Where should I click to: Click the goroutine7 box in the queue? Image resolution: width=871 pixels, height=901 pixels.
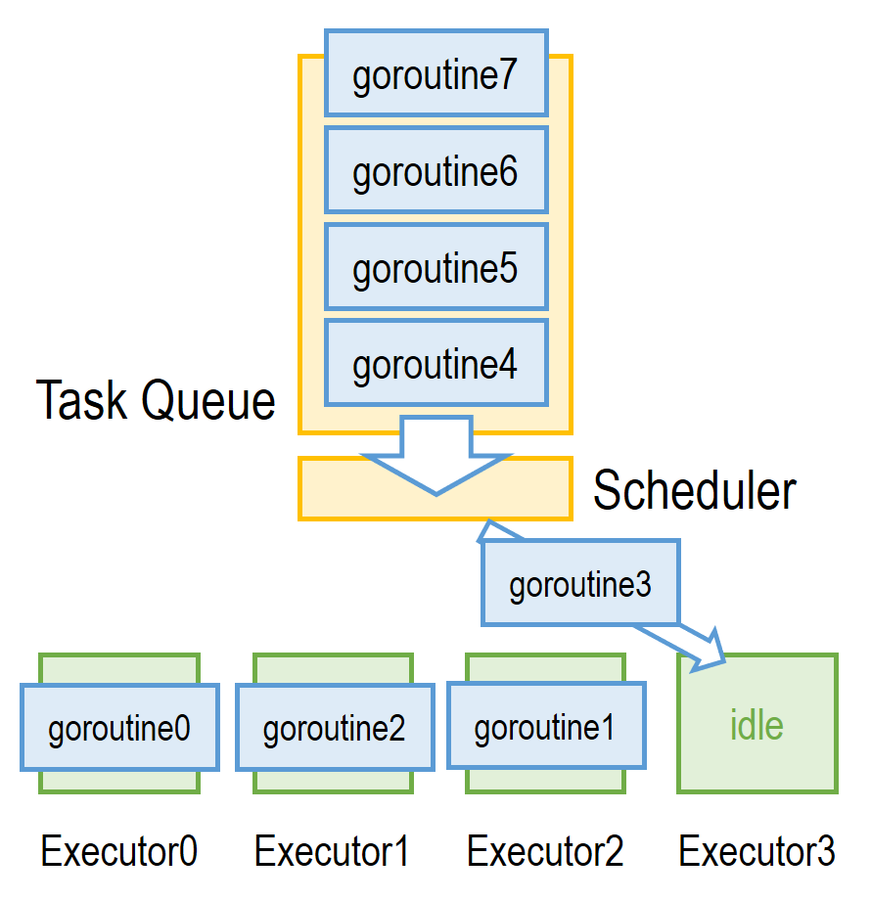pyautogui.click(x=435, y=75)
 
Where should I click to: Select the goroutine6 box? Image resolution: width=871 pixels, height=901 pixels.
pyautogui.click(x=435, y=171)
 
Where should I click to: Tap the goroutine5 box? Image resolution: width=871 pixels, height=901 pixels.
pyautogui.click(x=435, y=267)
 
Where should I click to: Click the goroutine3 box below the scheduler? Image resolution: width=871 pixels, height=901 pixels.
pyautogui.click(x=580, y=584)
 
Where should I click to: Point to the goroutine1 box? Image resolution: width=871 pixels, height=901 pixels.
pyautogui.click(x=545, y=727)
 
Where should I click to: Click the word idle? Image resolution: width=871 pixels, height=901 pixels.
pyautogui.click(x=756, y=725)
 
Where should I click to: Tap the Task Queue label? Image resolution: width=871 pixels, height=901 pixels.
pyautogui.click(x=156, y=400)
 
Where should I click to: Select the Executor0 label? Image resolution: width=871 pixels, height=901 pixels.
pyautogui.click(x=119, y=852)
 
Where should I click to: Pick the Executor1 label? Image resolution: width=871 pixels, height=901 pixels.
pyautogui.click(x=332, y=852)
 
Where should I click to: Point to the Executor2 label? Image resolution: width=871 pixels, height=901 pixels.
pyautogui.click(x=545, y=852)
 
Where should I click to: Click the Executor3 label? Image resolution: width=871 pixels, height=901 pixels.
pyautogui.click(x=756, y=852)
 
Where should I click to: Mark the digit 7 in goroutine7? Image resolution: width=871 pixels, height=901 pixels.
pyautogui.click(x=506, y=75)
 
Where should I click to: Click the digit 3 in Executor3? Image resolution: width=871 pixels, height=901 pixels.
pyautogui.click(x=824, y=852)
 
